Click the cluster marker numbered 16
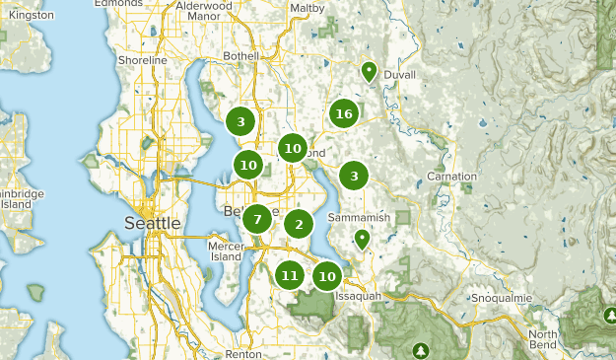(x=343, y=113)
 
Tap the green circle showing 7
(x=256, y=219)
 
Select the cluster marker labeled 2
(x=299, y=224)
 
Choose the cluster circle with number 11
(x=289, y=275)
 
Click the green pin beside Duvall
(x=368, y=70)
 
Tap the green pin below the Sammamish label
(x=362, y=238)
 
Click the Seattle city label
(x=153, y=223)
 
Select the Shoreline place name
(x=143, y=60)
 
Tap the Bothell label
(x=240, y=55)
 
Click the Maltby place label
(x=308, y=9)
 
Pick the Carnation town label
(x=451, y=177)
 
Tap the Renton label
(x=243, y=353)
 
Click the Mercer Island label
(x=225, y=251)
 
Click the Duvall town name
(x=400, y=74)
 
